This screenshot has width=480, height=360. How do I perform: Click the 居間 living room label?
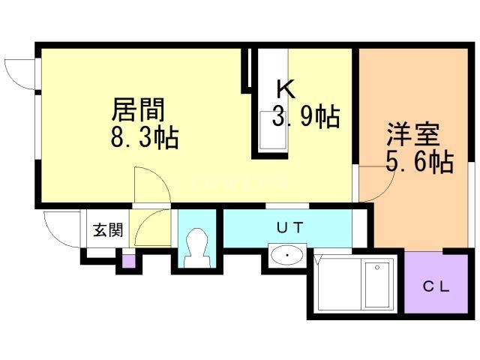(x=138, y=110)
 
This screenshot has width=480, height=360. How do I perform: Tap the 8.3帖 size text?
(x=145, y=138)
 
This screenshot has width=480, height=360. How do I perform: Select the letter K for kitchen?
(x=285, y=89)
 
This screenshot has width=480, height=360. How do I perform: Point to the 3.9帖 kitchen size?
(x=306, y=117)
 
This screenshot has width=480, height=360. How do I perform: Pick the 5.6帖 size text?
(x=419, y=162)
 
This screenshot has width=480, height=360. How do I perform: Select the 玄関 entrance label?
(x=104, y=230)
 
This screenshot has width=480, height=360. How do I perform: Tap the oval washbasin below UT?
(x=287, y=256)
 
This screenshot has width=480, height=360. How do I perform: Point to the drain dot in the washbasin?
(x=287, y=256)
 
